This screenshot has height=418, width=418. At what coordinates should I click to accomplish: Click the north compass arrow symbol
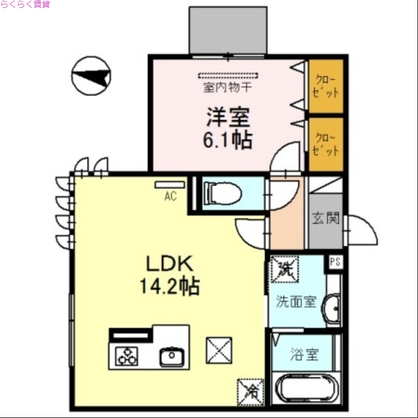[x=91, y=76]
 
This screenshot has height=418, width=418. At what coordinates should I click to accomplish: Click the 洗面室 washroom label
[x=296, y=301]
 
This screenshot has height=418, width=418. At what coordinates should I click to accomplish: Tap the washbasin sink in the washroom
[x=332, y=309]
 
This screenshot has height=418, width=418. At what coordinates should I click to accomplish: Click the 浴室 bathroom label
[x=304, y=355]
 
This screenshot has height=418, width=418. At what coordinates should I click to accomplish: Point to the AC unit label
[x=170, y=197]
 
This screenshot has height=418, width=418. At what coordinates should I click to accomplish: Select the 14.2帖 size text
[x=168, y=286]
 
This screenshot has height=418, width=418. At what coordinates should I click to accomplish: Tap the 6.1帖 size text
[x=228, y=140]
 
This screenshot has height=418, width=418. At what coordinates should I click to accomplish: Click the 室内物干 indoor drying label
[x=227, y=87]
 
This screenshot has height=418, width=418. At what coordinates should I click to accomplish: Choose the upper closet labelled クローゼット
[x=326, y=86]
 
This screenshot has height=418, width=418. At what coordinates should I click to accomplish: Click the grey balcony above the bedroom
[x=228, y=30]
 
